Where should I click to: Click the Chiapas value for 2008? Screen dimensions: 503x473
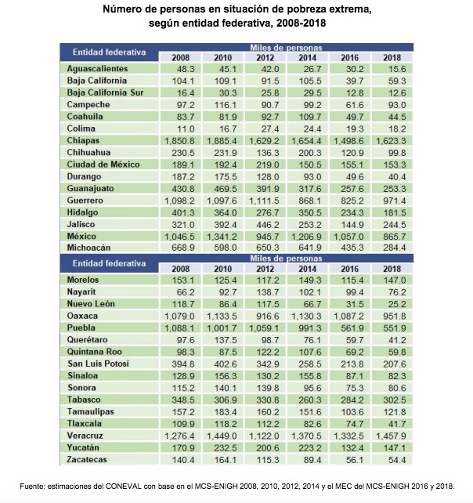182,139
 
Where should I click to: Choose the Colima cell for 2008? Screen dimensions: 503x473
182,127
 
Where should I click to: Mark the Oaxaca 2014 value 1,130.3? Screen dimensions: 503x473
307,317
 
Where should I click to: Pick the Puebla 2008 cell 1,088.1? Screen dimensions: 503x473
182,328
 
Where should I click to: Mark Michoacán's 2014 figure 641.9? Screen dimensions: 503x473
307,248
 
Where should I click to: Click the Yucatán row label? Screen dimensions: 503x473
85,447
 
